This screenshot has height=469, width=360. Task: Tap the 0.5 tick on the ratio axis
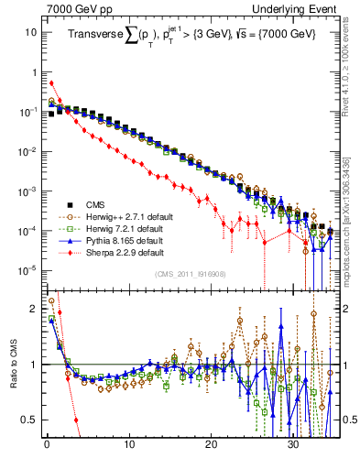pos(29,420)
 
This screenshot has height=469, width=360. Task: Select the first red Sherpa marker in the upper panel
pos(51,83)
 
